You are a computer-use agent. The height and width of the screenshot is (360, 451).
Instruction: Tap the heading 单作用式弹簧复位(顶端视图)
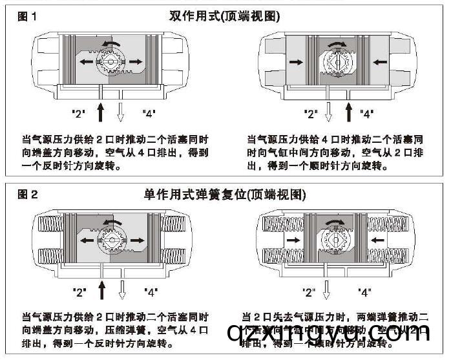coord(225,193)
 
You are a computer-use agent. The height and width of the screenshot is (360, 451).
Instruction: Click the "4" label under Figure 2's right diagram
coord(365,292)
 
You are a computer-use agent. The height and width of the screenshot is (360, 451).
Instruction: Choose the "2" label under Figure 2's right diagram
coord(310,292)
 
